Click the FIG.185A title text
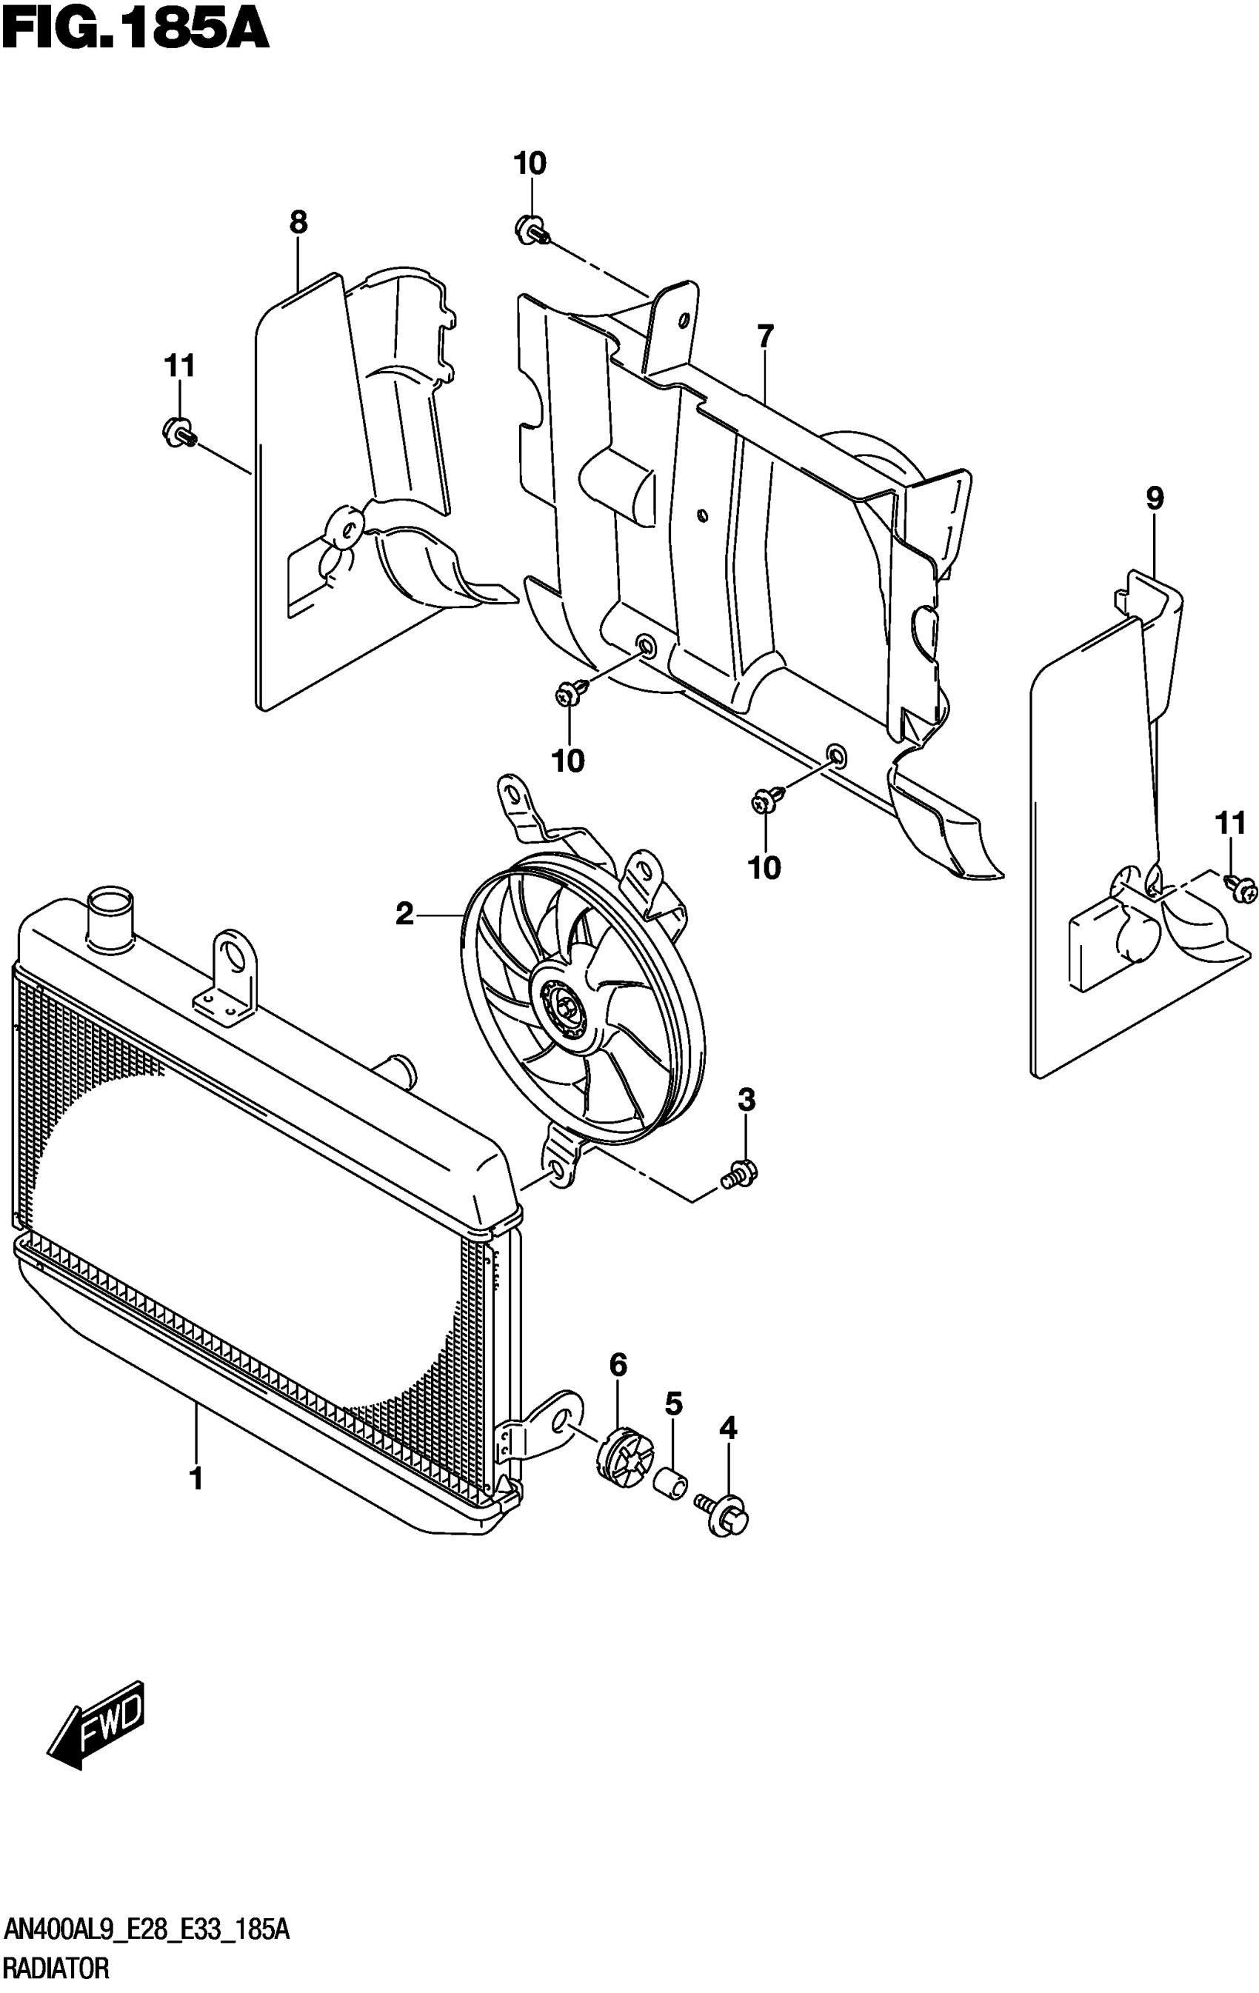(x=134, y=31)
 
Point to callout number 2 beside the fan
(x=404, y=915)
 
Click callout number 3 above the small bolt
(x=746, y=1101)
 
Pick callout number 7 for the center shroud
(x=765, y=338)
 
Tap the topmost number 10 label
(x=530, y=164)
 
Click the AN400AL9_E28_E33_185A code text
(x=147, y=1929)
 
